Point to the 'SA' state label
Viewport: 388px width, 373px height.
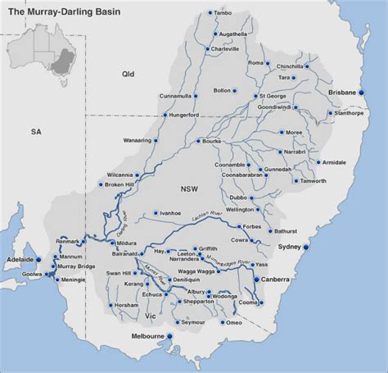[x=34, y=131]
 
